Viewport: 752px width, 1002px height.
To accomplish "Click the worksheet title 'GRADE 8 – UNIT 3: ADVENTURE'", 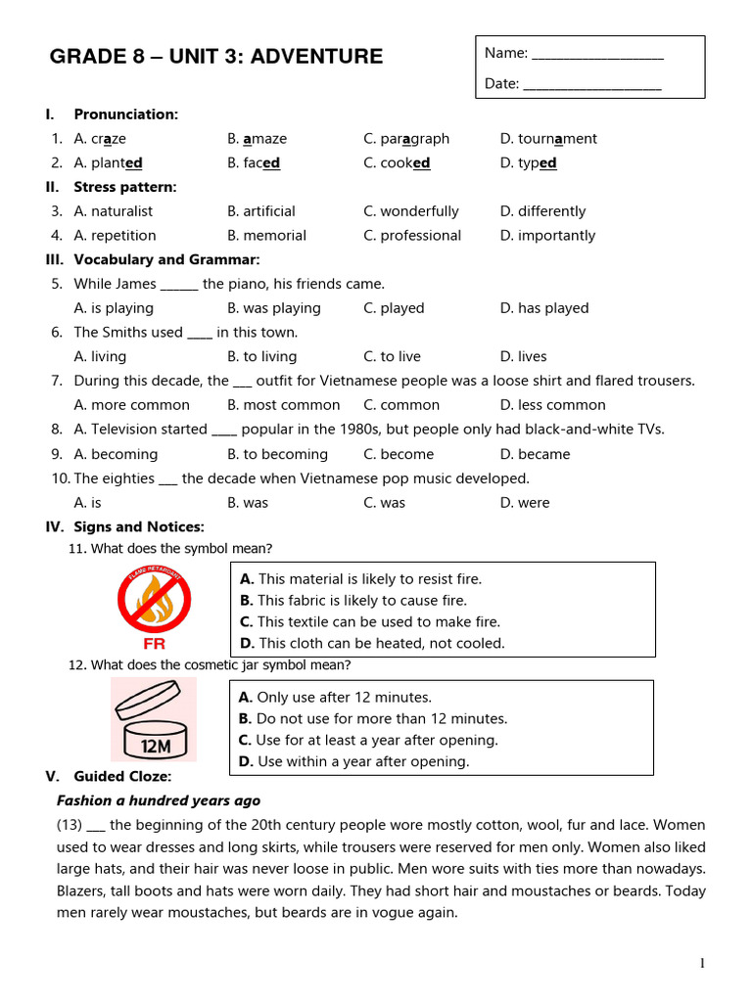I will click(216, 57).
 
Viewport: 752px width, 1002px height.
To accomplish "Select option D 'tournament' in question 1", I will click(547, 139).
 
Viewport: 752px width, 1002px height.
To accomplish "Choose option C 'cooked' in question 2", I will click(397, 163).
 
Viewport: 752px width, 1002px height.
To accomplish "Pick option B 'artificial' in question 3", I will click(261, 211).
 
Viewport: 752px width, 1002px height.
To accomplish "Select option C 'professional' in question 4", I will click(412, 236).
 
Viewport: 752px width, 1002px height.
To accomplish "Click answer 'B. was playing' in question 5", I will click(274, 308).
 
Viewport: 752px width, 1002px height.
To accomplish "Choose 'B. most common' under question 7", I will click(284, 405).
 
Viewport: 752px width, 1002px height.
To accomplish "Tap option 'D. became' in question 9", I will click(535, 454).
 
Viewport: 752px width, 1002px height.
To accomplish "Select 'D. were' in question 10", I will click(525, 503).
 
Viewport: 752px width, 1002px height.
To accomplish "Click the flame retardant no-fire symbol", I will click(154, 599).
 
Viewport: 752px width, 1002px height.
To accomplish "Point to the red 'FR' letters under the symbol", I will click(154, 645).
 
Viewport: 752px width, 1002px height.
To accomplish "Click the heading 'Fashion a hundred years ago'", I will click(159, 800).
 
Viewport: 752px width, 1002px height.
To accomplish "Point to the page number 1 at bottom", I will click(702, 964).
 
